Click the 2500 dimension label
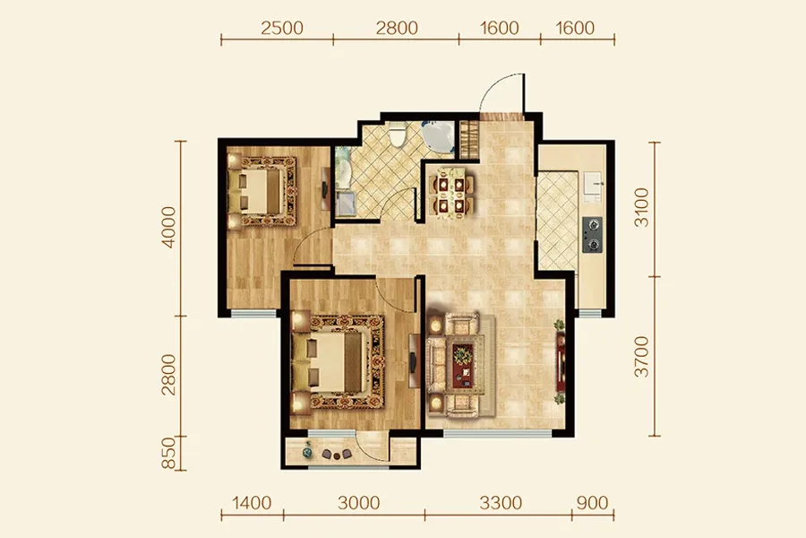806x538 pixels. (282, 28)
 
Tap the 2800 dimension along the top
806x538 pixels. (397, 28)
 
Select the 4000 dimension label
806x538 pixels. (168, 227)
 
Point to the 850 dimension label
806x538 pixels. (168, 454)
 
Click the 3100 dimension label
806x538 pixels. (641, 207)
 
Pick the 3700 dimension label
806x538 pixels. (641, 357)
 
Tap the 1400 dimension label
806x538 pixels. (252, 502)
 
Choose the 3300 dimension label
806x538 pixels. (501, 502)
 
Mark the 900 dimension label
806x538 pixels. (592, 502)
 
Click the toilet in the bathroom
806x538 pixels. (397, 134)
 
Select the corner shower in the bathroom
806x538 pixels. (438, 136)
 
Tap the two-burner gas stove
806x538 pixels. (592, 235)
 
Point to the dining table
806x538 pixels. (451, 193)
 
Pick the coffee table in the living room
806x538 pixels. (463, 365)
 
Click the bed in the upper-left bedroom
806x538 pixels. (262, 191)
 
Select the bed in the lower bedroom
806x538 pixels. (338, 362)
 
